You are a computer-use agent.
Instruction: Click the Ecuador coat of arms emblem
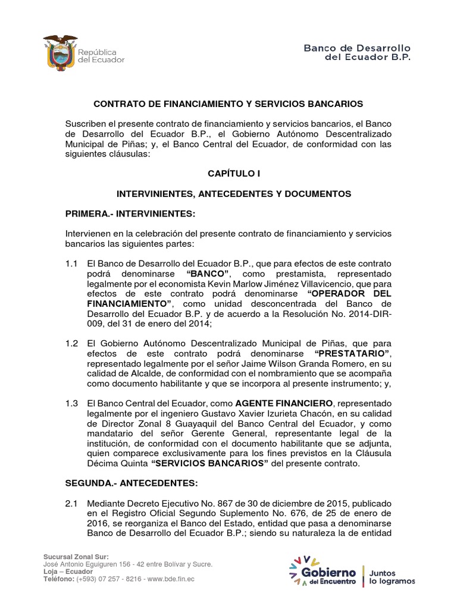(x=58, y=52)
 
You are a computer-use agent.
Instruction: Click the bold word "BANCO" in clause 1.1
(x=208, y=274)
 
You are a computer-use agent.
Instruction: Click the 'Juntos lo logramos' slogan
(x=392, y=576)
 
